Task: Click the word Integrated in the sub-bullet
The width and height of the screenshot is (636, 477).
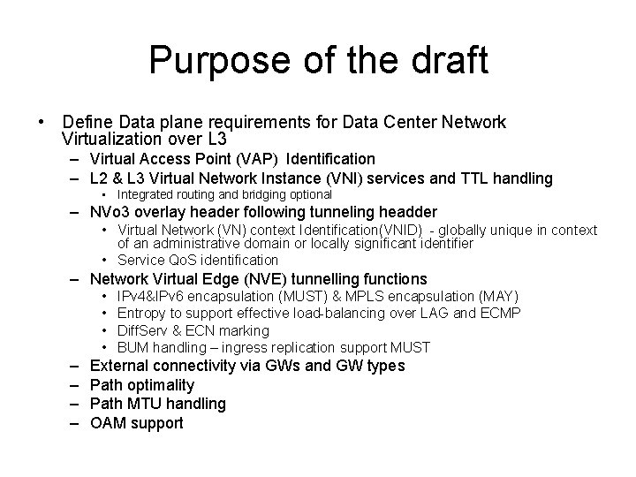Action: coord(148,193)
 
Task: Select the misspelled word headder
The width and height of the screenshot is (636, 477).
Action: coord(405,212)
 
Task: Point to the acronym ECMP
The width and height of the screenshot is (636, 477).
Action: coord(503,313)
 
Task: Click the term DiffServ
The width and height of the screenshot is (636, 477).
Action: coord(144,330)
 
